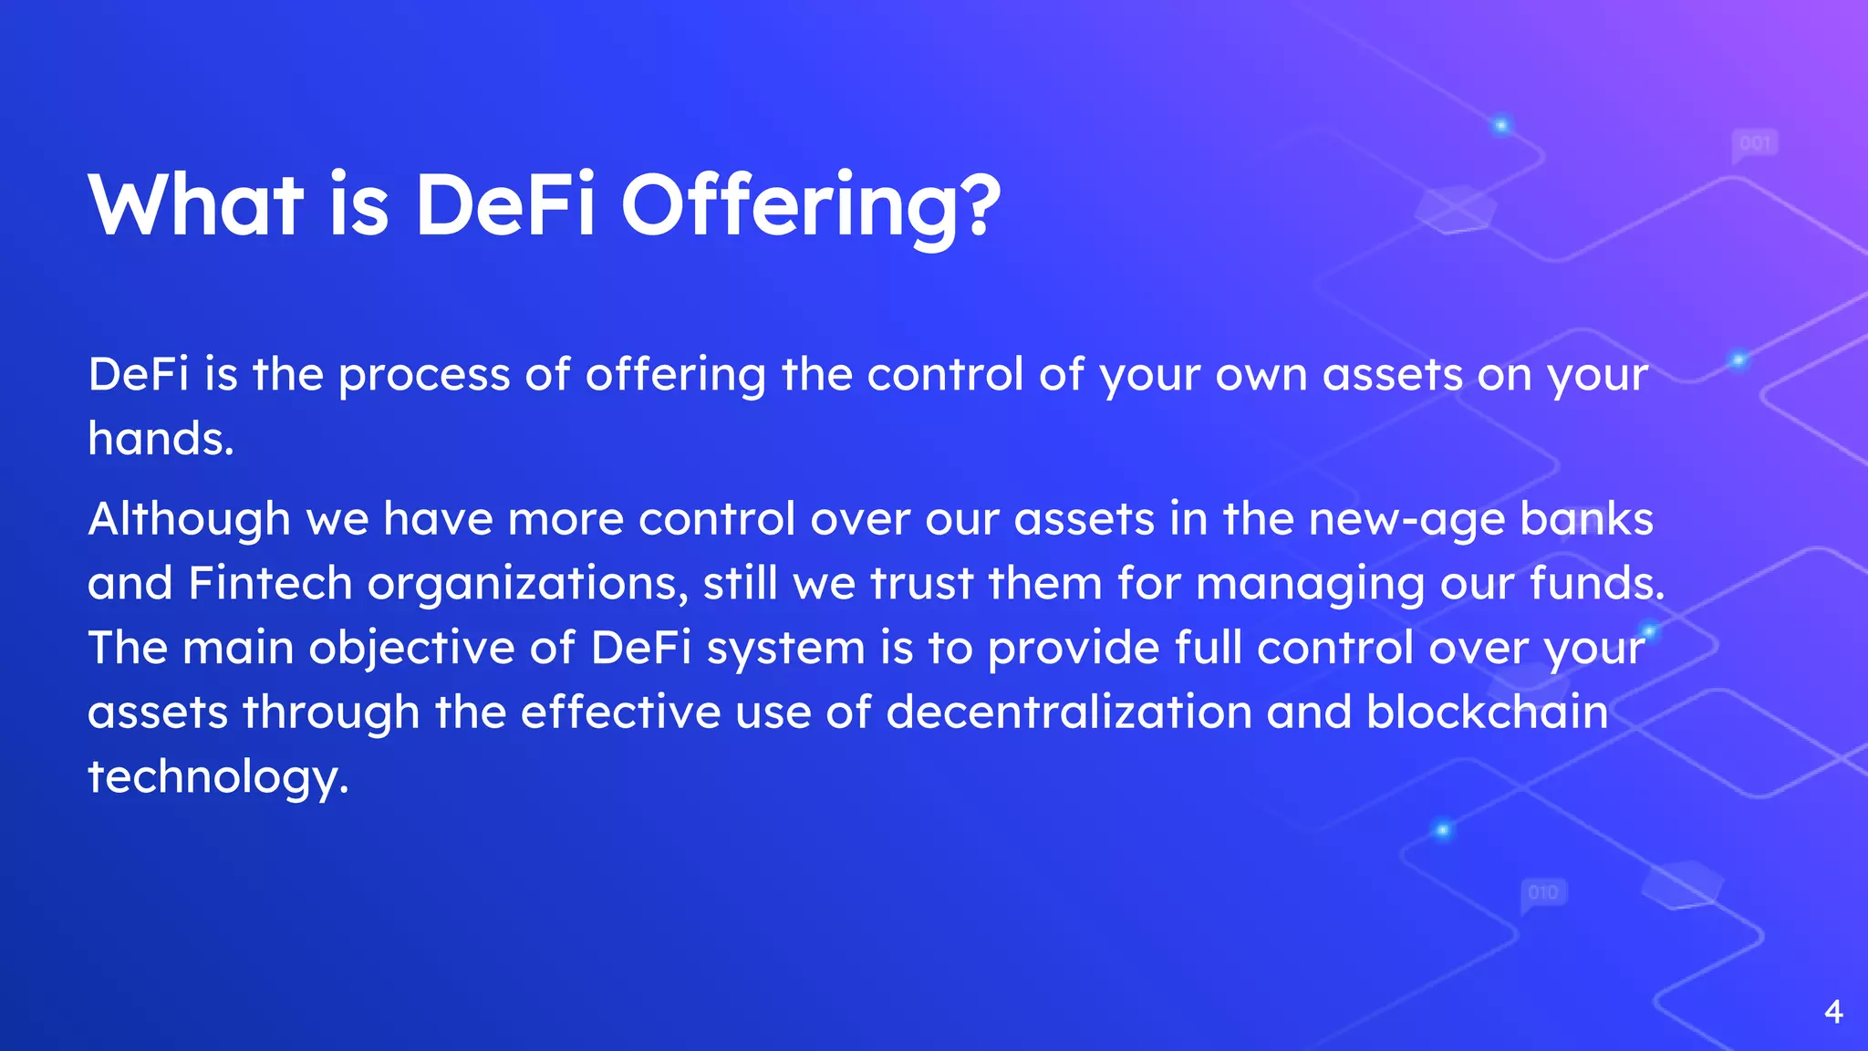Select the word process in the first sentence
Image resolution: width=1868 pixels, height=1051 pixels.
(424, 375)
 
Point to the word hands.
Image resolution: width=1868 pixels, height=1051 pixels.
(161, 439)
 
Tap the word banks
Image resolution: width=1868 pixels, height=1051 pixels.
(1586, 519)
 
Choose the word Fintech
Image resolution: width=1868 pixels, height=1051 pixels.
(270, 583)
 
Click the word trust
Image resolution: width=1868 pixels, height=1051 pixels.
(922, 583)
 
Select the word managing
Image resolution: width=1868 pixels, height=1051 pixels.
(1310, 585)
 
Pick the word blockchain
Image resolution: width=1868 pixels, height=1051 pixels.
(1487, 712)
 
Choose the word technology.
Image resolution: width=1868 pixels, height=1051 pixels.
(218, 777)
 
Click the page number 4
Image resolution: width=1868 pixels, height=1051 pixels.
(1833, 1012)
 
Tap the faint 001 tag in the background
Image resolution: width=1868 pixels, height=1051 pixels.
(1755, 143)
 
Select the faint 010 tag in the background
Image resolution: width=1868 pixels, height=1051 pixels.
(1543, 892)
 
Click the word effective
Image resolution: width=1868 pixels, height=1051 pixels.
(620, 712)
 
